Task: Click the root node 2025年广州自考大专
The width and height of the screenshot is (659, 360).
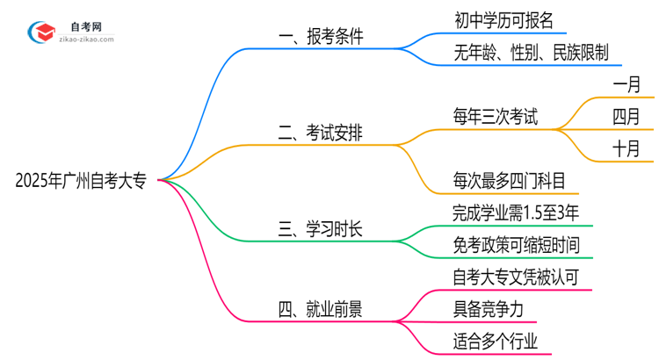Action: pyautogui.click(x=85, y=182)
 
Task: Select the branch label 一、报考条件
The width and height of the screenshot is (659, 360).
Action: pyautogui.click(x=320, y=37)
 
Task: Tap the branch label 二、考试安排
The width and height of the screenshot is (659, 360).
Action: pyautogui.click(x=320, y=133)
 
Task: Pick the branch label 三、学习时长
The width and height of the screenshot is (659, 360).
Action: pyautogui.click(x=320, y=231)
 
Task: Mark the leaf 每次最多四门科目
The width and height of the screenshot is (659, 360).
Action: pyautogui.click(x=503, y=180)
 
